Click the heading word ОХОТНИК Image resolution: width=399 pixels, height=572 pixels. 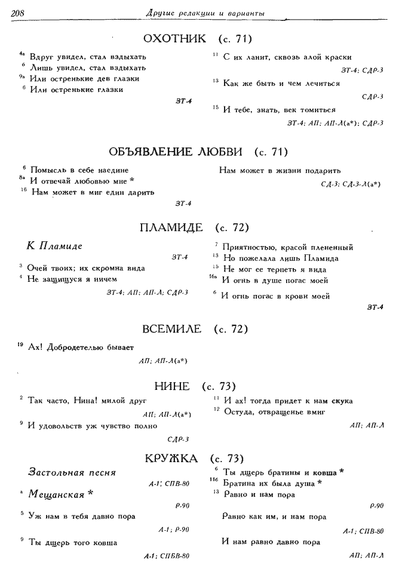tap(175, 39)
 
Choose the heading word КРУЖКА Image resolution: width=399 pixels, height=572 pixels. tap(171, 459)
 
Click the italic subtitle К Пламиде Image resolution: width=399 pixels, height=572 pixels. tap(54, 246)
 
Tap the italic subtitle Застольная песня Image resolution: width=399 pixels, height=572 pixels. tap(72, 473)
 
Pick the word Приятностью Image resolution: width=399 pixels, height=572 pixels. tap(250, 247)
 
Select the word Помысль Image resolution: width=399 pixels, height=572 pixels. tap(45, 170)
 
